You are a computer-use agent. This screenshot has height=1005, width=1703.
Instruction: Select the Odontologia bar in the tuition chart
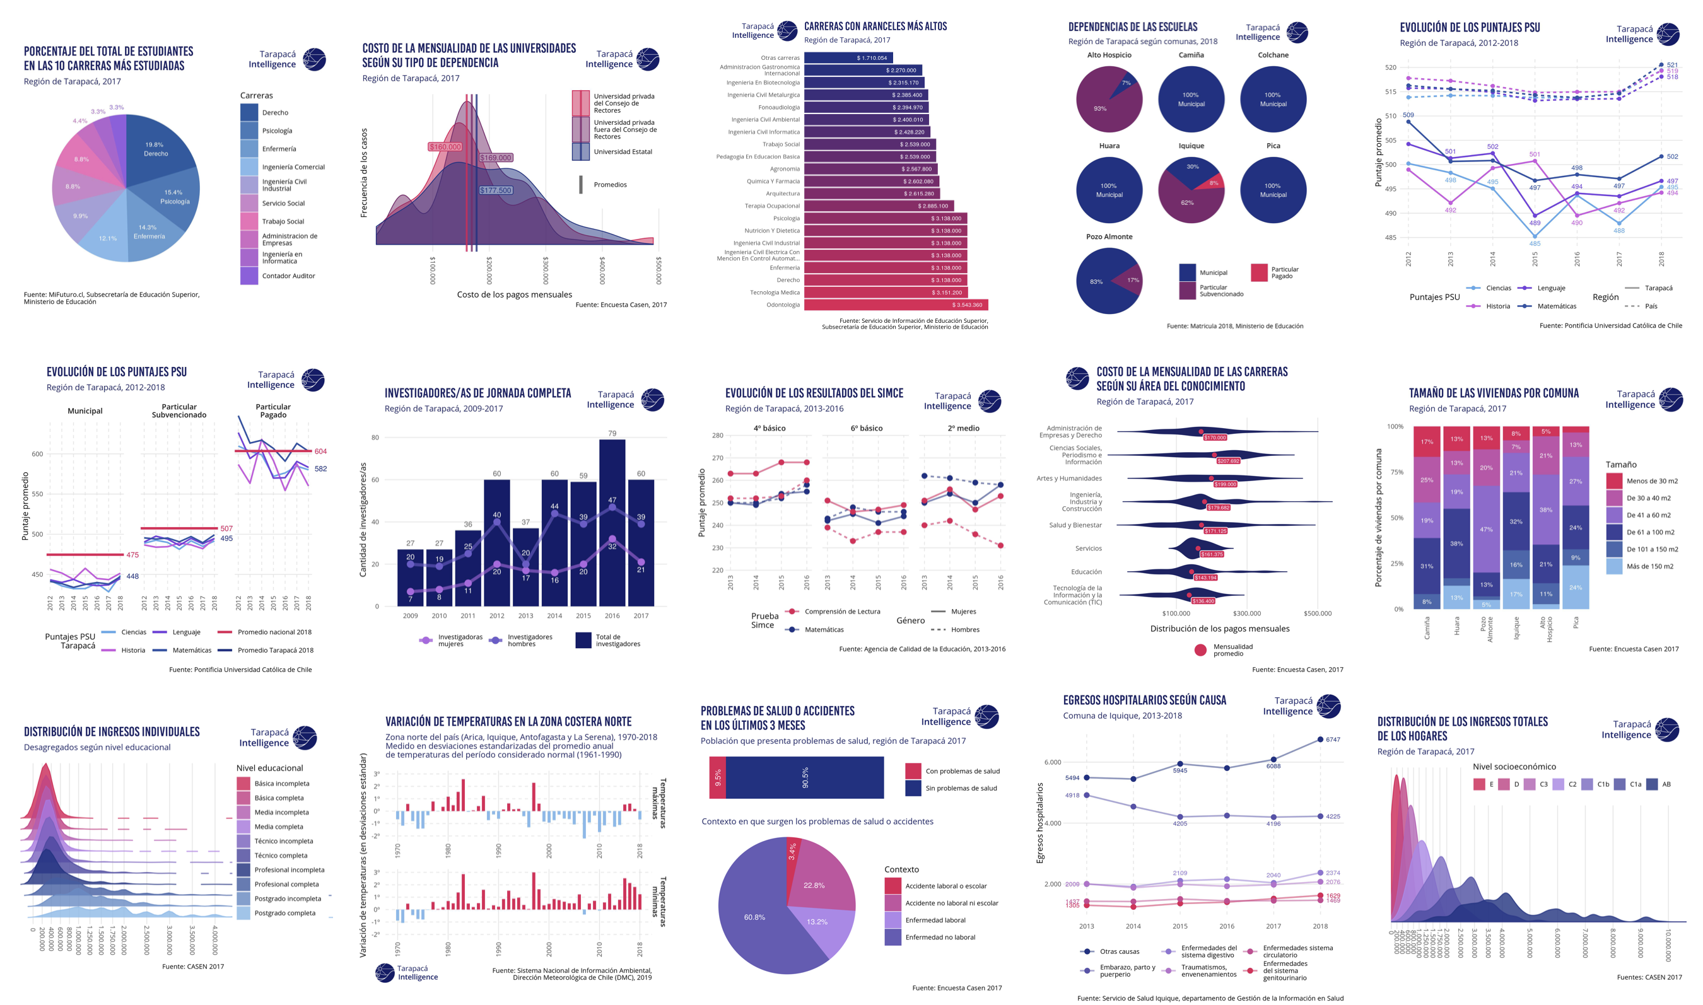point(895,305)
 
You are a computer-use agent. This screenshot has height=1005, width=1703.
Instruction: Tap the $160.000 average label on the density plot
point(445,147)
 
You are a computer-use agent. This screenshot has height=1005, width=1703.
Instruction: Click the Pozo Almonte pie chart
point(1108,281)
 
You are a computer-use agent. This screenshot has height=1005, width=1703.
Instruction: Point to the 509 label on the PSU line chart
point(1408,115)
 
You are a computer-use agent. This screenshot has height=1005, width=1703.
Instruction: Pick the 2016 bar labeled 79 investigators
point(612,521)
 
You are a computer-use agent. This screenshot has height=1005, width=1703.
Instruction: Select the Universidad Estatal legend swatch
point(580,152)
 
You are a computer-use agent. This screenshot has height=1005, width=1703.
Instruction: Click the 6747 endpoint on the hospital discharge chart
point(1320,740)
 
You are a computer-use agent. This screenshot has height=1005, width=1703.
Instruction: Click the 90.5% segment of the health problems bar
point(804,777)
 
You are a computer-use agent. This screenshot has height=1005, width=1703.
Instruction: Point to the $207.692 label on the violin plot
point(1227,461)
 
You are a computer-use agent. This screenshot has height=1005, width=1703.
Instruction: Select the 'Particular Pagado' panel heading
point(273,410)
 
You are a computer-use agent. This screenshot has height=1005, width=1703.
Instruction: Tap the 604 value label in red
point(320,451)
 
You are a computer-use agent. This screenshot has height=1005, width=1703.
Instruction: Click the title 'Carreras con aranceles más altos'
point(875,26)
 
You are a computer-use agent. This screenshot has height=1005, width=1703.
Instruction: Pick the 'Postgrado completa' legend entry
point(284,913)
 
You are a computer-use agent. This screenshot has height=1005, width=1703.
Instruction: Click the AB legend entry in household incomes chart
point(1666,784)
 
